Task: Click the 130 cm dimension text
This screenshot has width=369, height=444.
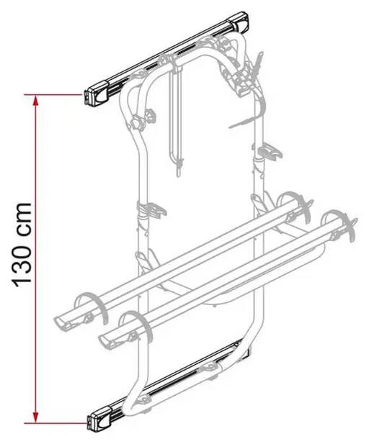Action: coord(22,244)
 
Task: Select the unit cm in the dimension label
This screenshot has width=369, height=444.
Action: coord(23,216)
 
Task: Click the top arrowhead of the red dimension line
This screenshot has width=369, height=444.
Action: coord(35,101)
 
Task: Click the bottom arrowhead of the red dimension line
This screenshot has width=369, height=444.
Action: coord(35,417)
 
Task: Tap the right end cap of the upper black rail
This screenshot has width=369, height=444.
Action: coord(241,22)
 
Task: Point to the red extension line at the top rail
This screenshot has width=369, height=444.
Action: coord(54,95)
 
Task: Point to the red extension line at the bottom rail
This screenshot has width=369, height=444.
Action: coord(56,423)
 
